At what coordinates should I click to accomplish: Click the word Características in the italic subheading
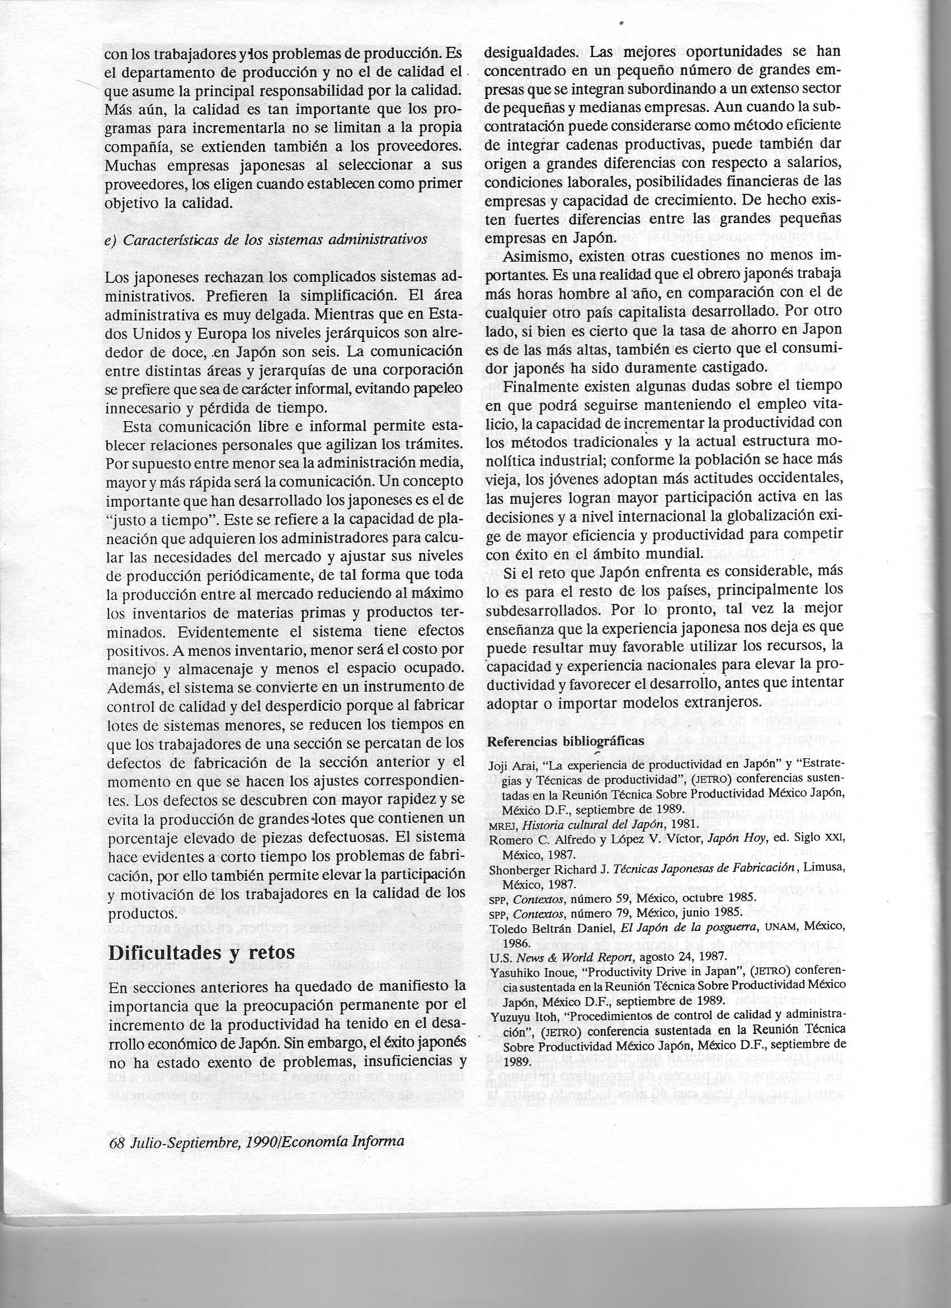(x=173, y=239)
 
